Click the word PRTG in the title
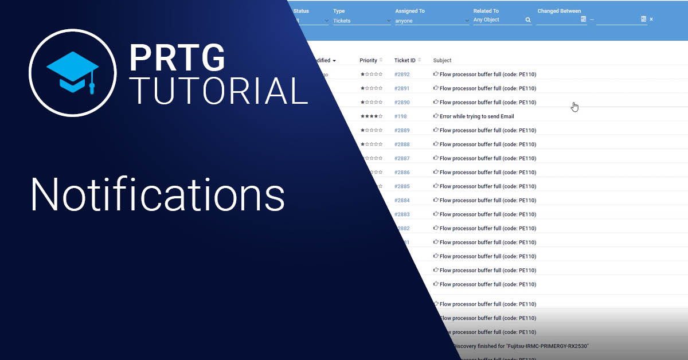click(x=177, y=57)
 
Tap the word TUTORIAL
click(x=218, y=91)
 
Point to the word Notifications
click(x=158, y=195)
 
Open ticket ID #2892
click(x=402, y=75)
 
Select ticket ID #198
click(x=400, y=116)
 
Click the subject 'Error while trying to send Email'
click(x=476, y=116)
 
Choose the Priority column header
click(x=369, y=60)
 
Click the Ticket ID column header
click(x=405, y=60)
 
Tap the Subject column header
click(x=442, y=60)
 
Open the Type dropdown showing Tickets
click(x=361, y=21)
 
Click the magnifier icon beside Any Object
click(x=528, y=20)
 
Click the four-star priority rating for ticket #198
click(x=371, y=116)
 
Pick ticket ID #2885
click(x=402, y=186)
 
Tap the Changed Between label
click(x=559, y=11)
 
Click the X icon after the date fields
click(x=651, y=19)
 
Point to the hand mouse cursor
click(x=574, y=107)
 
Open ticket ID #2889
click(x=402, y=131)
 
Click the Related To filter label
click(x=486, y=11)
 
